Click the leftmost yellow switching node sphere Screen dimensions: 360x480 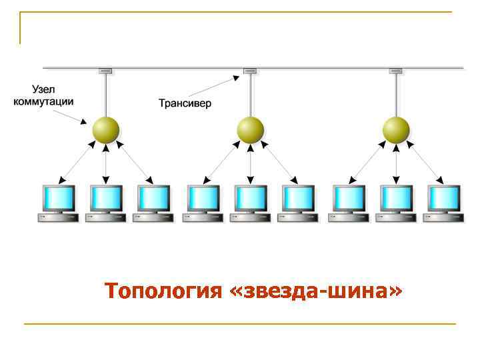pyautogui.click(x=105, y=129)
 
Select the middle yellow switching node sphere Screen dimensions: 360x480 pyautogui.click(x=250, y=129)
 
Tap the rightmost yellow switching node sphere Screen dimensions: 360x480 pyautogui.click(x=396, y=129)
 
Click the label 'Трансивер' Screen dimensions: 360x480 pyautogui.click(x=185, y=103)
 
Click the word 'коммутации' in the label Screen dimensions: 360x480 pyautogui.click(x=43, y=101)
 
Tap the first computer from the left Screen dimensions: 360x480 pyautogui.click(x=58, y=203)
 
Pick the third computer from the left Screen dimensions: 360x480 pyautogui.click(x=153, y=203)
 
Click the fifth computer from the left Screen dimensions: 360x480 pyautogui.click(x=251, y=203)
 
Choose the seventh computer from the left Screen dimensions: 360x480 pyautogui.click(x=349, y=203)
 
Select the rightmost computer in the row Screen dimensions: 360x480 pyautogui.click(x=443, y=203)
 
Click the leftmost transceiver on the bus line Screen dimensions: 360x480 pyautogui.click(x=105, y=70)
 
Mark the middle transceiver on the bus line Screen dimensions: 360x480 pyautogui.click(x=250, y=70)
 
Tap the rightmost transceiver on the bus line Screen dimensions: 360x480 pyautogui.click(x=396, y=70)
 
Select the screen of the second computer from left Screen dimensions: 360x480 pyautogui.click(x=106, y=198)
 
